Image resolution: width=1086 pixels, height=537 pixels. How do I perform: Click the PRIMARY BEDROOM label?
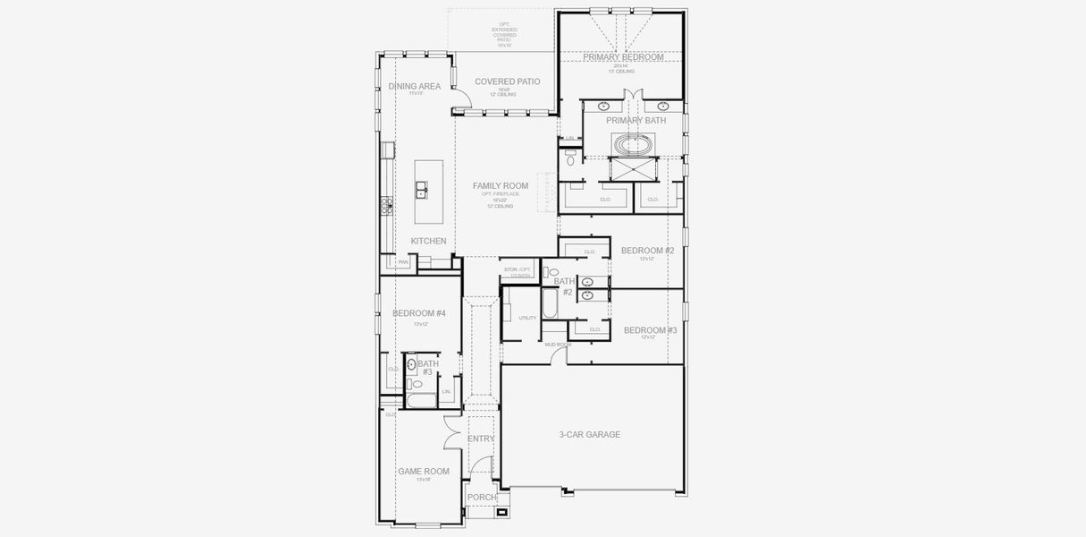(623, 57)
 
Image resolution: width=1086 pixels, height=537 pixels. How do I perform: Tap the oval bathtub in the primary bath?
(634, 143)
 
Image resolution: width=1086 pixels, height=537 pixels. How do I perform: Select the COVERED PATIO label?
(507, 81)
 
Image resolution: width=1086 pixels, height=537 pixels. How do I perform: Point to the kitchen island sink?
(420, 190)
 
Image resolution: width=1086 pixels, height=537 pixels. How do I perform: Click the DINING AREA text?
(414, 87)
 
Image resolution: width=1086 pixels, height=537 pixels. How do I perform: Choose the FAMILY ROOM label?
(500, 186)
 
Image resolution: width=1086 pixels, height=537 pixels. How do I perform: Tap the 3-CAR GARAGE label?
(589, 435)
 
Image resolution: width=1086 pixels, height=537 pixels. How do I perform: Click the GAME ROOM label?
(423, 471)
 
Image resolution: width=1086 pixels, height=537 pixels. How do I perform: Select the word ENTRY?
(481, 439)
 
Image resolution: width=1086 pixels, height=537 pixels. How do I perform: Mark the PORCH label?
(481, 498)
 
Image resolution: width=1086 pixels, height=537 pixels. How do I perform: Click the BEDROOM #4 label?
(418, 313)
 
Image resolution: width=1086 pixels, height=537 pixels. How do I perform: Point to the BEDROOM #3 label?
(650, 330)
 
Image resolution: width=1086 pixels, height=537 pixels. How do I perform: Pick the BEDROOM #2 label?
(647, 251)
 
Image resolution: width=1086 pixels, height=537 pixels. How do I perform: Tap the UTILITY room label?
(527, 318)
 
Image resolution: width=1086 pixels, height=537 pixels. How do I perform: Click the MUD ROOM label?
(558, 345)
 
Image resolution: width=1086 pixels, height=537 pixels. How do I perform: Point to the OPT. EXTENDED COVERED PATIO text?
(504, 35)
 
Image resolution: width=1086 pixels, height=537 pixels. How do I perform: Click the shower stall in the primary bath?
(634, 169)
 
